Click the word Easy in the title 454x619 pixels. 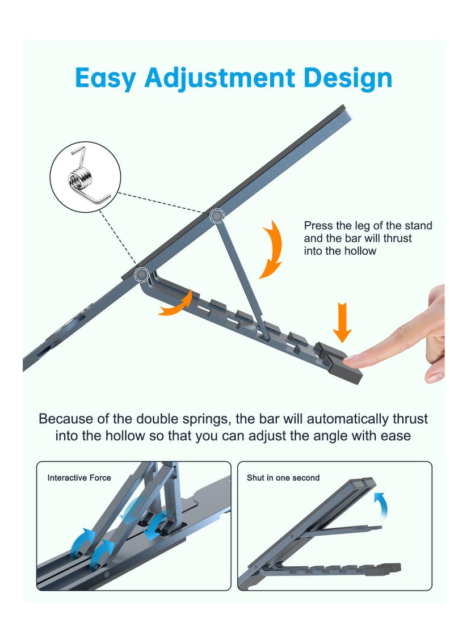click(x=106, y=78)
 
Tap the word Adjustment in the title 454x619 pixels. click(x=220, y=78)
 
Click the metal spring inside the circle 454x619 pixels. click(x=85, y=176)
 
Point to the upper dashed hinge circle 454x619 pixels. click(x=217, y=216)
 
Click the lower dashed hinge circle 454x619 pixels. click(x=141, y=275)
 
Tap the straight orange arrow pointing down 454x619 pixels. click(x=342, y=322)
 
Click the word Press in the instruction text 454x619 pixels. click(x=318, y=226)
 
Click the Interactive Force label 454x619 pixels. click(x=79, y=478)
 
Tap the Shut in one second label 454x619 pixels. click(x=283, y=478)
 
